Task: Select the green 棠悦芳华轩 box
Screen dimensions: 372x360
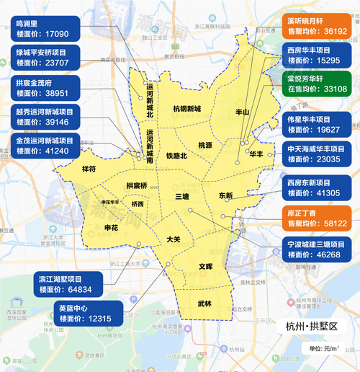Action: [x=316, y=84]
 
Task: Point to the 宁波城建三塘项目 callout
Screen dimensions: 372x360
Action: [x=316, y=249]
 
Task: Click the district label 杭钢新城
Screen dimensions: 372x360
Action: [x=186, y=109]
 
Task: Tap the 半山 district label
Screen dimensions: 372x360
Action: [x=243, y=112]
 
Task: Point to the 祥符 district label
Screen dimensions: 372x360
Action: [x=89, y=169]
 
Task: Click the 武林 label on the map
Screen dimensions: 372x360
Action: [x=204, y=304]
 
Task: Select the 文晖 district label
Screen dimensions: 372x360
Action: [x=207, y=267]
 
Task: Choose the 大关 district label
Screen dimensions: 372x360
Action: [x=173, y=239]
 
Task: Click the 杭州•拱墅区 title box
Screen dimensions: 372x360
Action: [x=312, y=327]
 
